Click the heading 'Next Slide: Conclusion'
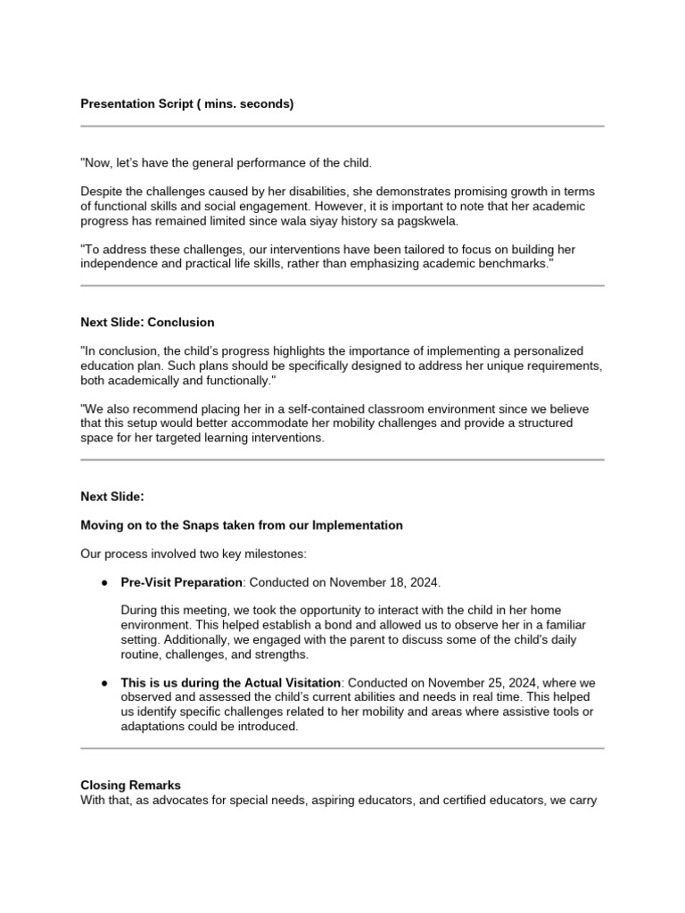[x=147, y=322]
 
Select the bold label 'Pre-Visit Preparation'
[x=181, y=582]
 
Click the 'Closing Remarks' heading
[x=130, y=786]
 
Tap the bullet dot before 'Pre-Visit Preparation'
[x=105, y=582]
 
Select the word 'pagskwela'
[x=427, y=222]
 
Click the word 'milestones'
[x=274, y=554]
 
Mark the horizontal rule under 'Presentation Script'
[x=342, y=127]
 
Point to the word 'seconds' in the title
[x=264, y=104]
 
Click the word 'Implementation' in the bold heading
[x=358, y=525]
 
